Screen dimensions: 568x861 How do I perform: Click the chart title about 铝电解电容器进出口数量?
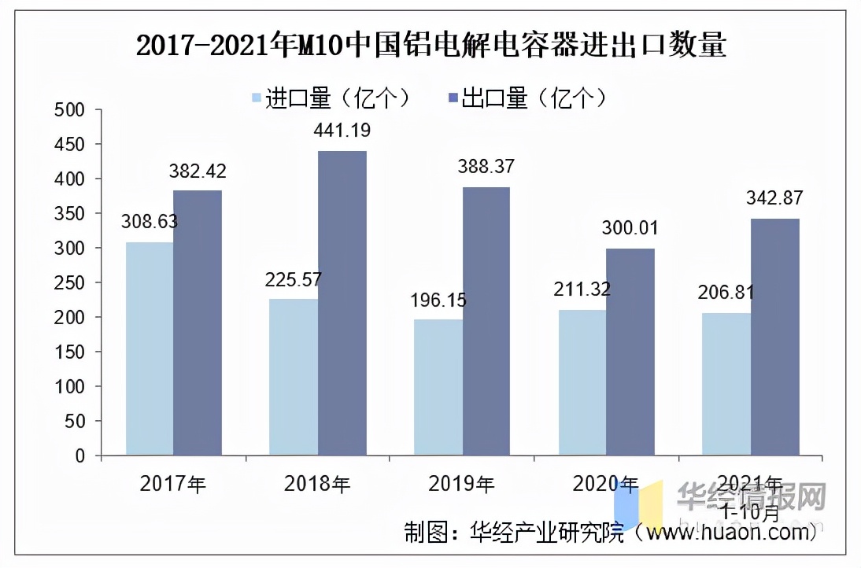pyautogui.click(x=430, y=46)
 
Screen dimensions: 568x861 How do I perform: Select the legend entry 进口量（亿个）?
pyautogui.click(x=331, y=98)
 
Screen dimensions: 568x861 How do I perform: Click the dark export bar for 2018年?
pyautogui.click(x=342, y=303)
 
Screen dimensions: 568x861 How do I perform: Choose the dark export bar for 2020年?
pyautogui.click(x=630, y=352)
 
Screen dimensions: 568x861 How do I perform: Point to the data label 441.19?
pyautogui.click(x=342, y=131)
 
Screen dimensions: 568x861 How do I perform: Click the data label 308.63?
pyautogui.click(x=149, y=222)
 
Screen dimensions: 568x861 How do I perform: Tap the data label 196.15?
pyautogui.click(x=438, y=300)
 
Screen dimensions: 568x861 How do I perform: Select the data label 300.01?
pyautogui.click(x=630, y=228)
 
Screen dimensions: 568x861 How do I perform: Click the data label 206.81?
pyautogui.click(x=726, y=293)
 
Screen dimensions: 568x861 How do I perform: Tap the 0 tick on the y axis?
pyautogui.click(x=78, y=456)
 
